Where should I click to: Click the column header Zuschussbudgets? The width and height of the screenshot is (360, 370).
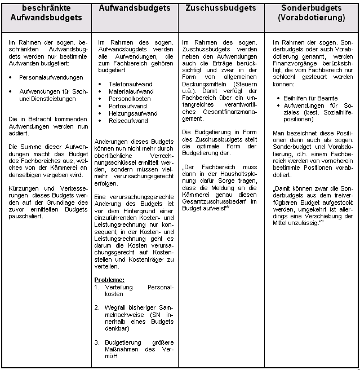[x=220, y=9]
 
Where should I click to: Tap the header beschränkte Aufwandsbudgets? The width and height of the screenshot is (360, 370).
[x=46, y=14]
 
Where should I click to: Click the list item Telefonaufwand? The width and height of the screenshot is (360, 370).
[x=130, y=83]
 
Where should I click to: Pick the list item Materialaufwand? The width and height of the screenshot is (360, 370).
[x=131, y=90]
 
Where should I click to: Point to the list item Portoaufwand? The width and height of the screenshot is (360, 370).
[x=127, y=104]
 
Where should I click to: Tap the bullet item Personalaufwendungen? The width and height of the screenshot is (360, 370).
[x=51, y=77]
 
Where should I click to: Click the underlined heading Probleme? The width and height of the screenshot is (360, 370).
[x=110, y=279]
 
